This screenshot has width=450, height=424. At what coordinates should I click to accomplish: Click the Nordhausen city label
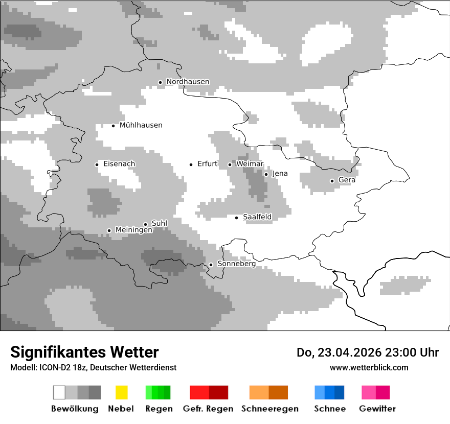coord(188,82)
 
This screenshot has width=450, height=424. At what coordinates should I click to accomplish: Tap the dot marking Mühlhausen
coord(114,126)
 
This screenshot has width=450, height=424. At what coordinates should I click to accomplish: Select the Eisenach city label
coord(119,164)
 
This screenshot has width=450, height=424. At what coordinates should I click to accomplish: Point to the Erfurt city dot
coord(191,164)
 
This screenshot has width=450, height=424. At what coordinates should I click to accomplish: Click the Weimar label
coord(250,164)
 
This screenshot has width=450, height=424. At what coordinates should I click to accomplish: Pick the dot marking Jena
coord(266,174)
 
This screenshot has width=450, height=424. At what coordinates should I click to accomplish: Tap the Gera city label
coord(347,180)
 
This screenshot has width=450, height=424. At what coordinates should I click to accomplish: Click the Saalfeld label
coord(257,217)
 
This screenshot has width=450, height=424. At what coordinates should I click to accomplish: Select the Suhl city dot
coord(145,224)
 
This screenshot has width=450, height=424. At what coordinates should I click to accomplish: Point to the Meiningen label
coord(133,230)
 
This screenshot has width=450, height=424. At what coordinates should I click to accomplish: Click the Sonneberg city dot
coord(211,265)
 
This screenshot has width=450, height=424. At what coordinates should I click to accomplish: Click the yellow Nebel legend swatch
coord(122,392)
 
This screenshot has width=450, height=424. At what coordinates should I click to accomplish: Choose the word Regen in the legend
coord(159,409)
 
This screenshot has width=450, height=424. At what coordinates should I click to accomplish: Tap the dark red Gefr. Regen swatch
coord(219,392)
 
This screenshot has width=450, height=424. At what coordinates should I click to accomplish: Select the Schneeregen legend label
coord(269,409)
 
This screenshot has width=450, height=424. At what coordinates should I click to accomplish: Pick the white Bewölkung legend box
coord(59,392)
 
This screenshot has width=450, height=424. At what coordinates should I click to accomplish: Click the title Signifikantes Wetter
coord(84,352)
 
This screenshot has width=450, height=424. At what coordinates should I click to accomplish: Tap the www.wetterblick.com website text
coord(369,368)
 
